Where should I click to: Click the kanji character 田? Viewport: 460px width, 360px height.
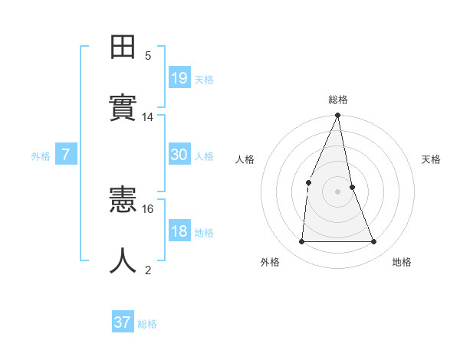click(x=123, y=47)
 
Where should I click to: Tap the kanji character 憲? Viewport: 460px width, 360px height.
click(x=123, y=201)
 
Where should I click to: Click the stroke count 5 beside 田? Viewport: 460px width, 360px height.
click(x=148, y=55)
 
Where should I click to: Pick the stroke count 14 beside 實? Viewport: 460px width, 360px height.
click(x=148, y=117)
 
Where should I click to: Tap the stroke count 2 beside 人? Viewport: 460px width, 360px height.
click(x=148, y=270)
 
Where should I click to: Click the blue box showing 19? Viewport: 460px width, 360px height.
click(x=179, y=77)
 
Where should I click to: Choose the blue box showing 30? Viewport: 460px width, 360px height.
click(x=179, y=155)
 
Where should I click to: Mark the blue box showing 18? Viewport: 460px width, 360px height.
click(x=179, y=231)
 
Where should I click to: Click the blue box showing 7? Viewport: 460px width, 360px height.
click(x=66, y=155)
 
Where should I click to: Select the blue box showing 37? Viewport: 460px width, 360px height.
click(x=123, y=322)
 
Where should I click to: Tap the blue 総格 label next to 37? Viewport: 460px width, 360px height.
click(x=147, y=324)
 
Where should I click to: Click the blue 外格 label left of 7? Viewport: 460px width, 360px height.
click(x=41, y=156)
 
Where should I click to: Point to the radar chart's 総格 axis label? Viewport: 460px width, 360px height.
click(x=338, y=100)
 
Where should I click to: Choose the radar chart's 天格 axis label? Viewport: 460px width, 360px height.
click(x=431, y=159)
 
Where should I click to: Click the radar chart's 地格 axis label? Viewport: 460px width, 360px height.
click(x=402, y=262)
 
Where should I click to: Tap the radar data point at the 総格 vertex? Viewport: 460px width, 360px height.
click(x=337, y=116)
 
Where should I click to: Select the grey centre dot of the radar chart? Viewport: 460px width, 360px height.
click(x=337, y=191)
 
